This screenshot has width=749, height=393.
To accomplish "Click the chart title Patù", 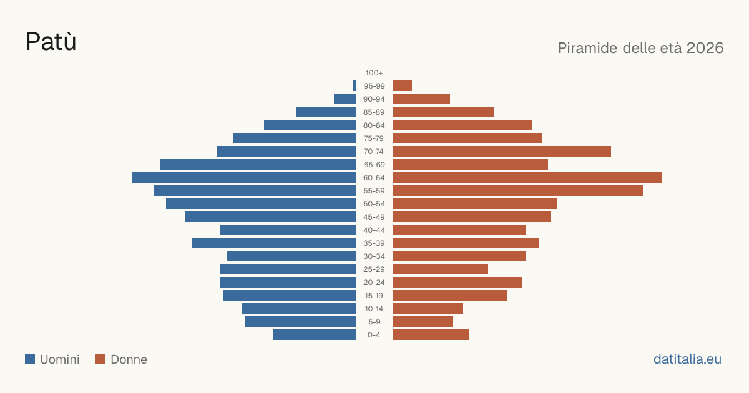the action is pos(51,41).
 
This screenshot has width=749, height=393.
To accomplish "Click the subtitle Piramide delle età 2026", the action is pos(640,48).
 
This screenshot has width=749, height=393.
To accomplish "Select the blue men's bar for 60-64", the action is pos(243,177).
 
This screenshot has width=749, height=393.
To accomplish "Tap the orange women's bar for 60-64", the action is pos(527,177).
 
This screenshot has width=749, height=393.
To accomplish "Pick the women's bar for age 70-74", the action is pos(502,152).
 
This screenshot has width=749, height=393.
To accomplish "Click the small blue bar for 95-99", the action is pos(354,86).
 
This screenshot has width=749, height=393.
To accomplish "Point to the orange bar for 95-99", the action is pos(403,86).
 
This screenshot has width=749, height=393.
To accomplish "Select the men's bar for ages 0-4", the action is pos(315,335).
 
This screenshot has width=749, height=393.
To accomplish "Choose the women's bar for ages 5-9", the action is pos(423,322).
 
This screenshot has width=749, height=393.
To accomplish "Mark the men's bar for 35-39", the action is pos(273,243).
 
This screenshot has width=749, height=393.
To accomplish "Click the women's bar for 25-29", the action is pos(441,269).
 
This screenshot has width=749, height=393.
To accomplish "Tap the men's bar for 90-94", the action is pos(345,99).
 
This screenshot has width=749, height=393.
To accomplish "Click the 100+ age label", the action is pos(374,73).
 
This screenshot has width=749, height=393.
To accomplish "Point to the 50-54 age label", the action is pos(374,204).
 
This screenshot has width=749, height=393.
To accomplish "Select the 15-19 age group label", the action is pos(374,296).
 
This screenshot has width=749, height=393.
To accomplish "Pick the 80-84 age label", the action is pos(374,125).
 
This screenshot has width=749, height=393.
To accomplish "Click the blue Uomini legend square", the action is pos(30,359).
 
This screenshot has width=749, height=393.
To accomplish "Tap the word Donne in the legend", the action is pos(129,359).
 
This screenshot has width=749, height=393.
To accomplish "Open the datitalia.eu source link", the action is pos(687,359).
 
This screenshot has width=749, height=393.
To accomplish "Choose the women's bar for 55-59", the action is pos(518,190).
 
